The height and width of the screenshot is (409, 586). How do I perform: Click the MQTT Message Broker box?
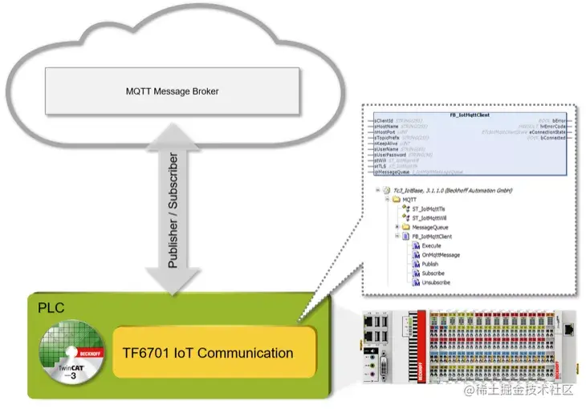(x=172, y=91)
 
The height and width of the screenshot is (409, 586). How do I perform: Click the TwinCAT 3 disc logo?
(x=73, y=354)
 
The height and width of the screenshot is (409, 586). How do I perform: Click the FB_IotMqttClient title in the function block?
(x=470, y=115)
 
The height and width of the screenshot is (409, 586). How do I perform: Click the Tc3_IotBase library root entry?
(x=458, y=190)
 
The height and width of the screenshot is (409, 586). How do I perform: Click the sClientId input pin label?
(x=384, y=121)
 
